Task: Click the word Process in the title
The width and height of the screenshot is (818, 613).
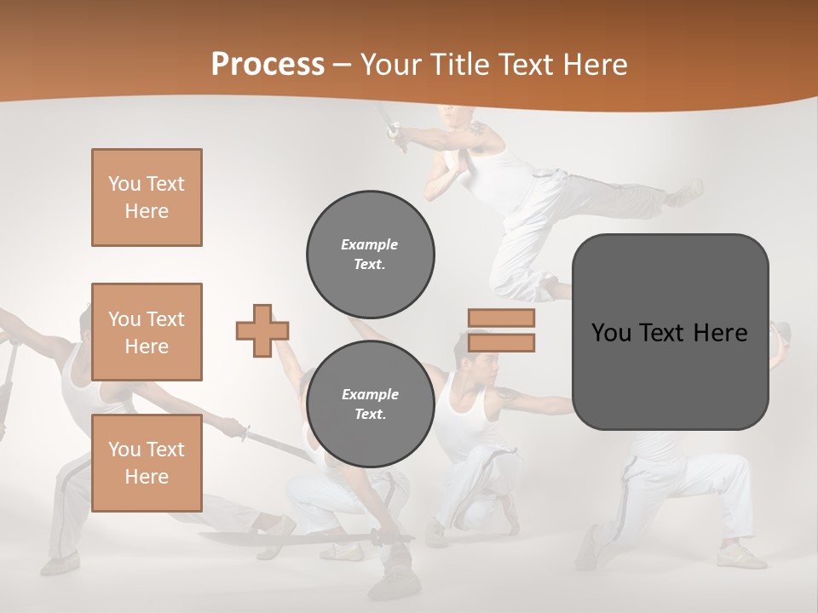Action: [x=268, y=64]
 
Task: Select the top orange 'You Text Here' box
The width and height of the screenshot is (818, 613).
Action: [x=147, y=198]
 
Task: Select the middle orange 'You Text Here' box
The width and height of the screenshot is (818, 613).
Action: [x=147, y=332]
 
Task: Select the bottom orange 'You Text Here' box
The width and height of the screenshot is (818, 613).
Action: [x=147, y=463]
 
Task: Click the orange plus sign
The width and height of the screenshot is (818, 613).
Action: [x=262, y=330]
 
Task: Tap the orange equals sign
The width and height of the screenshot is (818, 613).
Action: [x=501, y=330]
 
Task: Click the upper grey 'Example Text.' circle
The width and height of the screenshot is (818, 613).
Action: [x=371, y=254]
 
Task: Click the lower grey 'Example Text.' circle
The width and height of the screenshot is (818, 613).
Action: [x=371, y=404]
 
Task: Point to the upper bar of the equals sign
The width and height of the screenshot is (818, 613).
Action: [x=501, y=318]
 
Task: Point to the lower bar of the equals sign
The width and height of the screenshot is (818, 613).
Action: [x=501, y=342]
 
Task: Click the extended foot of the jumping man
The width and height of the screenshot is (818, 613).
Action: [x=687, y=192]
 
